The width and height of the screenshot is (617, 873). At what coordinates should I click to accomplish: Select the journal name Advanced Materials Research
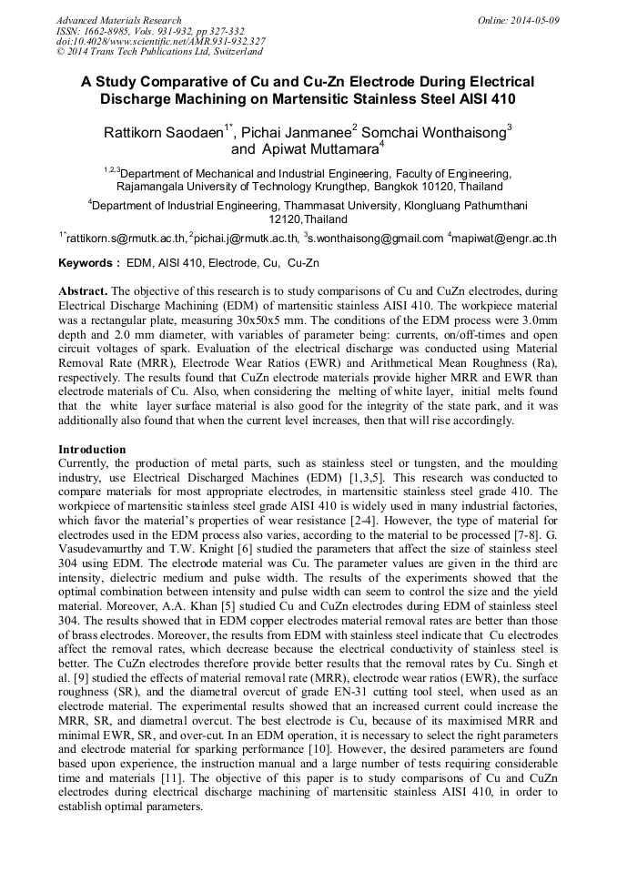click(118, 20)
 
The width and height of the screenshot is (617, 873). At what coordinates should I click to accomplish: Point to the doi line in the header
click(160, 41)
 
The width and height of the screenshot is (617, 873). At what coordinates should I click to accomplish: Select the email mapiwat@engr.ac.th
click(506, 239)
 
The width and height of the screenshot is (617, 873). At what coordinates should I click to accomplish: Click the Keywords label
click(87, 263)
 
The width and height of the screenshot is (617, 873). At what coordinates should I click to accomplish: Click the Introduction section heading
click(92, 450)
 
